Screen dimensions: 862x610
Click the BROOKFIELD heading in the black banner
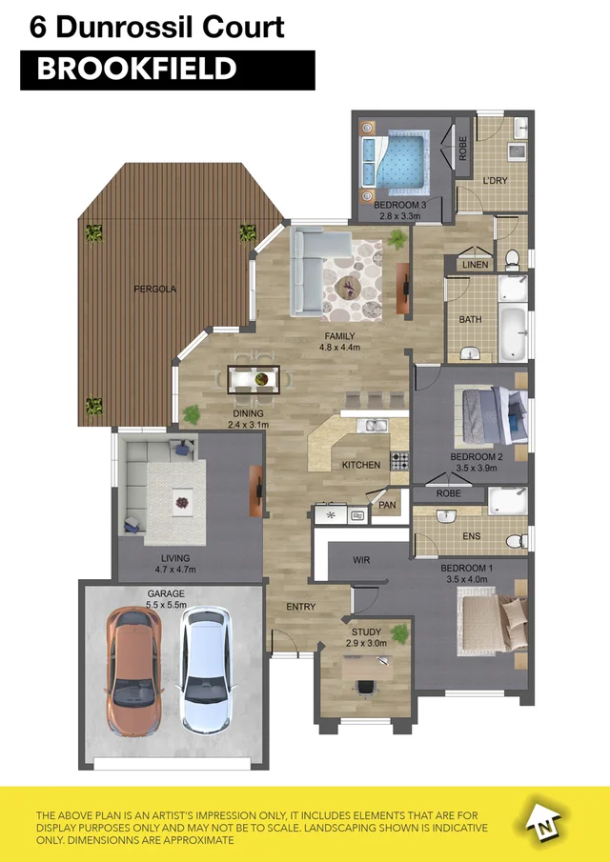(x=136, y=70)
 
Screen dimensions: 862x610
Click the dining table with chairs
(x=254, y=378)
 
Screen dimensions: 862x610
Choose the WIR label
(x=360, y=560)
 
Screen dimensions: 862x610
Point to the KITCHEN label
(x=361, y=465)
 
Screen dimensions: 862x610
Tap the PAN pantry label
(x=387, y=505)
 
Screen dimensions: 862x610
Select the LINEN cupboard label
(x=474, y=264)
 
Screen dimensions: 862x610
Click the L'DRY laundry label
(x=494, y=180)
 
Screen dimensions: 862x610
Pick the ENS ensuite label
(x=471, y=538)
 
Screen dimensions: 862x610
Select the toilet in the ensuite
(x=515, y=540)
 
